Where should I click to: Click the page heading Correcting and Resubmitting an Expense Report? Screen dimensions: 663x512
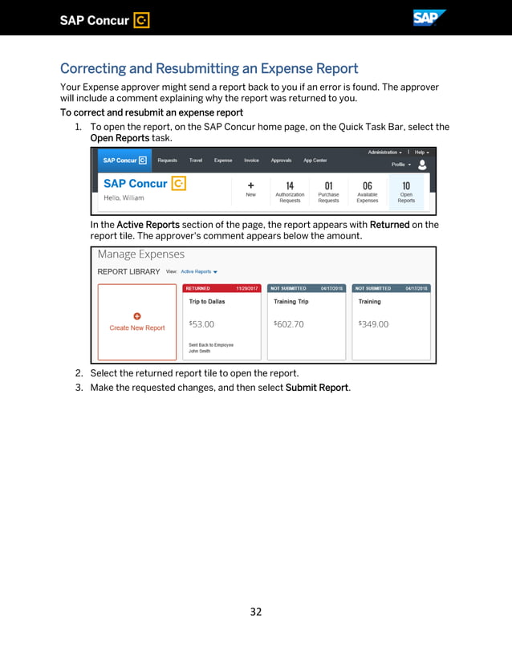(209, 69)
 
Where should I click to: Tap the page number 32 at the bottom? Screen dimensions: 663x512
(255, 612)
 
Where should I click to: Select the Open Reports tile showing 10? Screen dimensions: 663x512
(406, 192)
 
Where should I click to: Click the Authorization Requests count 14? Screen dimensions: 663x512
(290, 185)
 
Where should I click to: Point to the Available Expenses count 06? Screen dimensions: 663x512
(367, 185)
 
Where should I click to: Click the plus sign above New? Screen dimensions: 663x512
(250, 185)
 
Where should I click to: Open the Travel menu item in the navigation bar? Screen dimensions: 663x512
(196, 161)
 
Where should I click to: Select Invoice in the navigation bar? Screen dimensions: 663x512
(251, 161)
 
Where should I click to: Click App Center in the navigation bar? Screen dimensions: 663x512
(315, 161)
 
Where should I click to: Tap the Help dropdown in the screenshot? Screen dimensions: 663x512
(421, 152)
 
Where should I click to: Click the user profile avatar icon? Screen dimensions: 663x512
(422, 165)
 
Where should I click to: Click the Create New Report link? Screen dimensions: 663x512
(137, 327)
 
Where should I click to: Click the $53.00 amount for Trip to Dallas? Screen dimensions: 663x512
(201, 324)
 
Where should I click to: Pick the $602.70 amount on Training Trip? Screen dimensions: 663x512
(289, 324)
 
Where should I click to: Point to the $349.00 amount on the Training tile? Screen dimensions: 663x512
(373, 324)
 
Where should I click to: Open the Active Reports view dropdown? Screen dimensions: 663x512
(199, 271)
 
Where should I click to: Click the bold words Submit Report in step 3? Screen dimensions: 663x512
(317, 388)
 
